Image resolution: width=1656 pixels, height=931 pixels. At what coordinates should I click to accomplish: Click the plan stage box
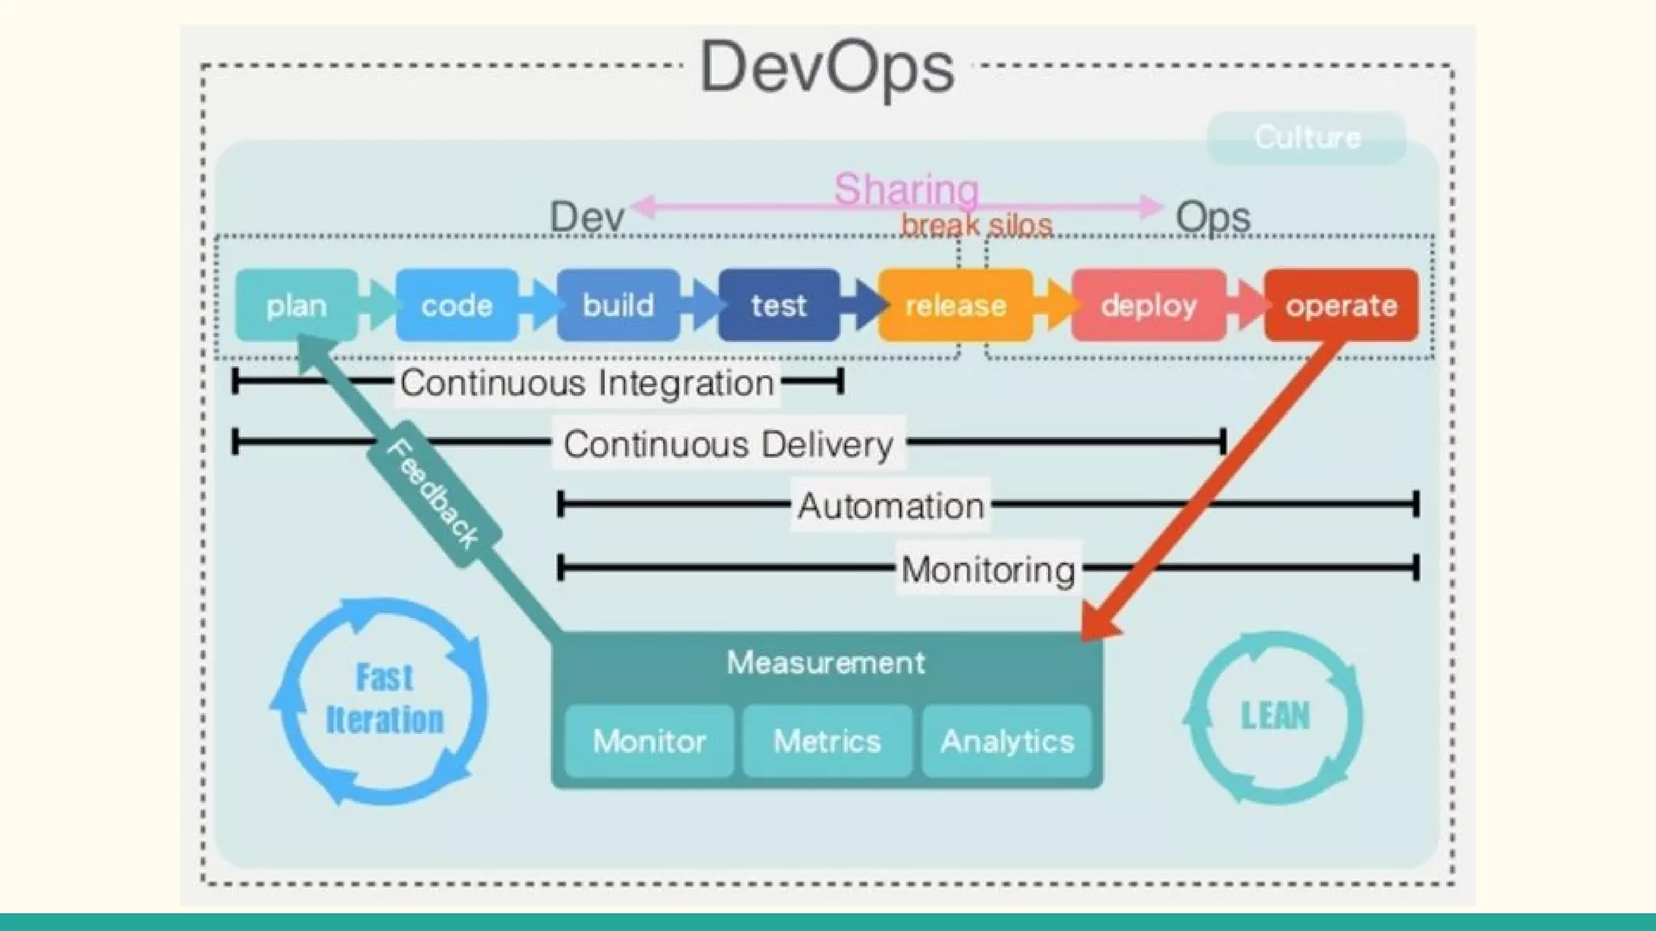pyautogui.click(x=296, y=305)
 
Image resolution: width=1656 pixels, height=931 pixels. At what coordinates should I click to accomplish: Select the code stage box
pyautogui.click(x=457, y=305)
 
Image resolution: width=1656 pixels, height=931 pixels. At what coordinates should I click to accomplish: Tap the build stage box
pyautogui.click(x=618, y=305)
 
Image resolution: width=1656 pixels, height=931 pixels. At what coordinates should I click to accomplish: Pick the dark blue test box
pyautogui.click(x=779, y=305)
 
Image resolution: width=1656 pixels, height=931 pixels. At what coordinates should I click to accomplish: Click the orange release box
pyautogui.click(x=955, y=305)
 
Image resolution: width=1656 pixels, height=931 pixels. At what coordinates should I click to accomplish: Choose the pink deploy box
pyautogui.click(x=1148, y=305)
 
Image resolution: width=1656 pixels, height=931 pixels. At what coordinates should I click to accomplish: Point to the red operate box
pyautogui.click(x=1341, y=305)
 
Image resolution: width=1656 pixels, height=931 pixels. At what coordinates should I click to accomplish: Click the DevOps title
pyautogui.click(x=826, y=68)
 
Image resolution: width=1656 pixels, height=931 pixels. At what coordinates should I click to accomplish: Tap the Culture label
pyautogui.click(x=1307, y=137)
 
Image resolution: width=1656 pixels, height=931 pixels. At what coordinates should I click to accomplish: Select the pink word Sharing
pyautogui.click(x=906, y=189)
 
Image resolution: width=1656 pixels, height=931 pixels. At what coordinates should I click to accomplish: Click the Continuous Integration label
pyautogui.click(x=587, y=383)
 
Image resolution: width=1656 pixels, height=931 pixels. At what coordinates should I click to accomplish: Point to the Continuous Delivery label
pyautogui.click(x=729, y=444)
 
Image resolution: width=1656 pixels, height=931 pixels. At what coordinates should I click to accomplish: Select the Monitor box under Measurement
pyautogui.click(x=649, y=741)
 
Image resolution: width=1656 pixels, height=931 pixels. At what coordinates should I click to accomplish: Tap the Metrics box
pyautogui.click(x=827, y=741)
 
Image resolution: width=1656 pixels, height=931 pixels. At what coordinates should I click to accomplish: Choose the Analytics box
pyautogui.click(x=1007, y=741)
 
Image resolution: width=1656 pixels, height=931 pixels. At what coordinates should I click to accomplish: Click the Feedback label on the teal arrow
pyautogui.click(x=433, y=494)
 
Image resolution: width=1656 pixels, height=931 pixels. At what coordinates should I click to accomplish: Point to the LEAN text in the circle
pyautogui.click(x=1275, y=716)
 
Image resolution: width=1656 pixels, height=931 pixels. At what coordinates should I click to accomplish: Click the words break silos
pyautogui.click(x=977, y=225)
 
